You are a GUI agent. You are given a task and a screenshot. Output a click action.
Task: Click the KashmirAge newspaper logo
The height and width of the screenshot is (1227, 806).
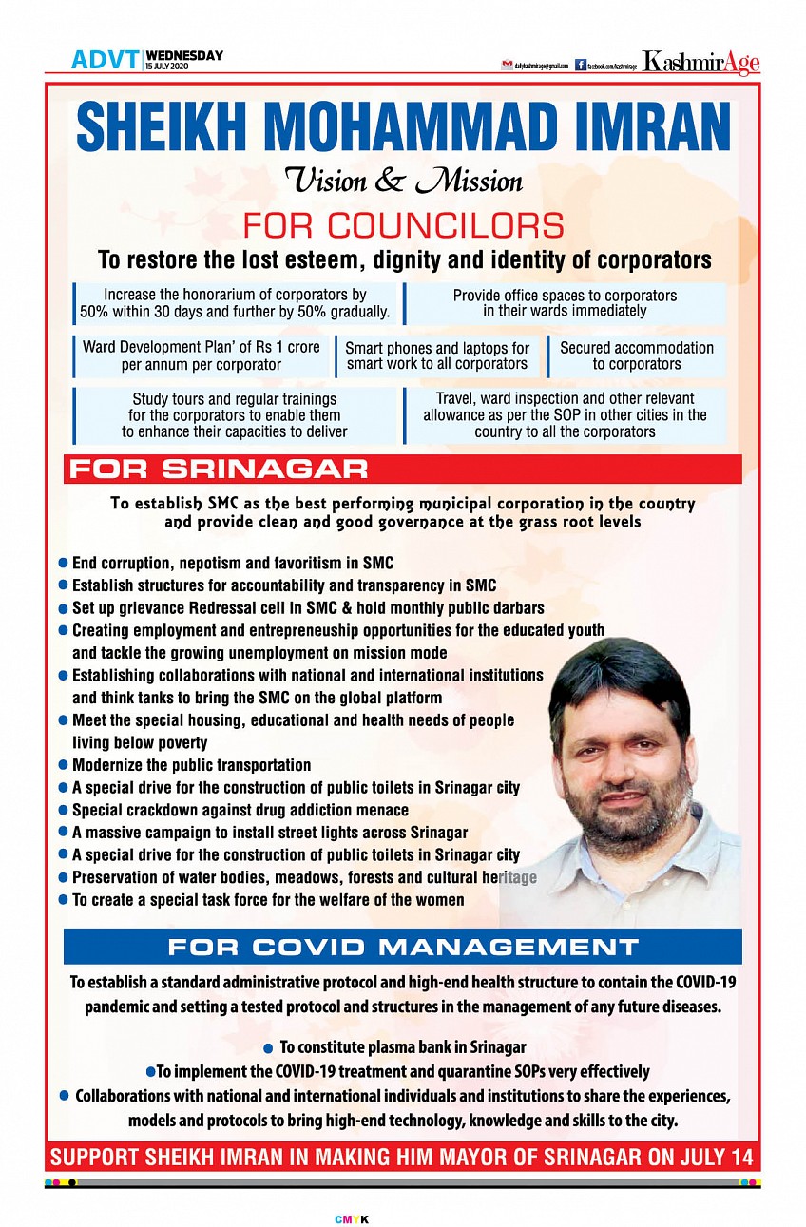pyautogui.click(x=700, y=63)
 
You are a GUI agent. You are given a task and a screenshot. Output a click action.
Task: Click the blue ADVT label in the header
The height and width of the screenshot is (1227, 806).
pyautogui.click(x=105, y=60)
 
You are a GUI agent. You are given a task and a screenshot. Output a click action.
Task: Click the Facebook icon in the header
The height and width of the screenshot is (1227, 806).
pyautogui.click(x=581, y=65)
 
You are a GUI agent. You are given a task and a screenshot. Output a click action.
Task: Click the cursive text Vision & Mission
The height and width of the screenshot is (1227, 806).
pyautogui.click(x=403, y=180)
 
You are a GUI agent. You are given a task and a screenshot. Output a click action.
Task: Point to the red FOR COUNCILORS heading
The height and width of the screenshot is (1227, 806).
pyautogui.click(x=403, y=225)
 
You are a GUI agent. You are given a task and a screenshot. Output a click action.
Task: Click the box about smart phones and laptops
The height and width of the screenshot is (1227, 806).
pyautogui.click(x=437, y=356)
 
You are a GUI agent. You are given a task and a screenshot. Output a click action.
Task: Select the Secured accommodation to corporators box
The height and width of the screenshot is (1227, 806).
pyautogui.click(x=637, y=356)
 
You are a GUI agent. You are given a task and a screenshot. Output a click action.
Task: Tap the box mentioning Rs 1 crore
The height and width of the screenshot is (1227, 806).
pyautogui.click(x=201, y=356)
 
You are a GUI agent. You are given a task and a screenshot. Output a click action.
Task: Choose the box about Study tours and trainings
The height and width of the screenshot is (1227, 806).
pyautogui.click(x=234, y=415)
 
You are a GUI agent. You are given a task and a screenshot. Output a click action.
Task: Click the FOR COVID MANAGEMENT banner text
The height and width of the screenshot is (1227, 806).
pyautogui.click(x=403, y=947)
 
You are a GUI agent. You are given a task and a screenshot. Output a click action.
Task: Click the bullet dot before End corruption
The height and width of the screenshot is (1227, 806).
pyautogui.click(x=64, y=564)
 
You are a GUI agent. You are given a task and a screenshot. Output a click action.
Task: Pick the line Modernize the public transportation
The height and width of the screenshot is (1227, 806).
pyautogui.click(x=191, y=764)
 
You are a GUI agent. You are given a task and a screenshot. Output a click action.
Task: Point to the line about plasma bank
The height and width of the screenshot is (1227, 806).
pyautogui.click(x=402, y=1047)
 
